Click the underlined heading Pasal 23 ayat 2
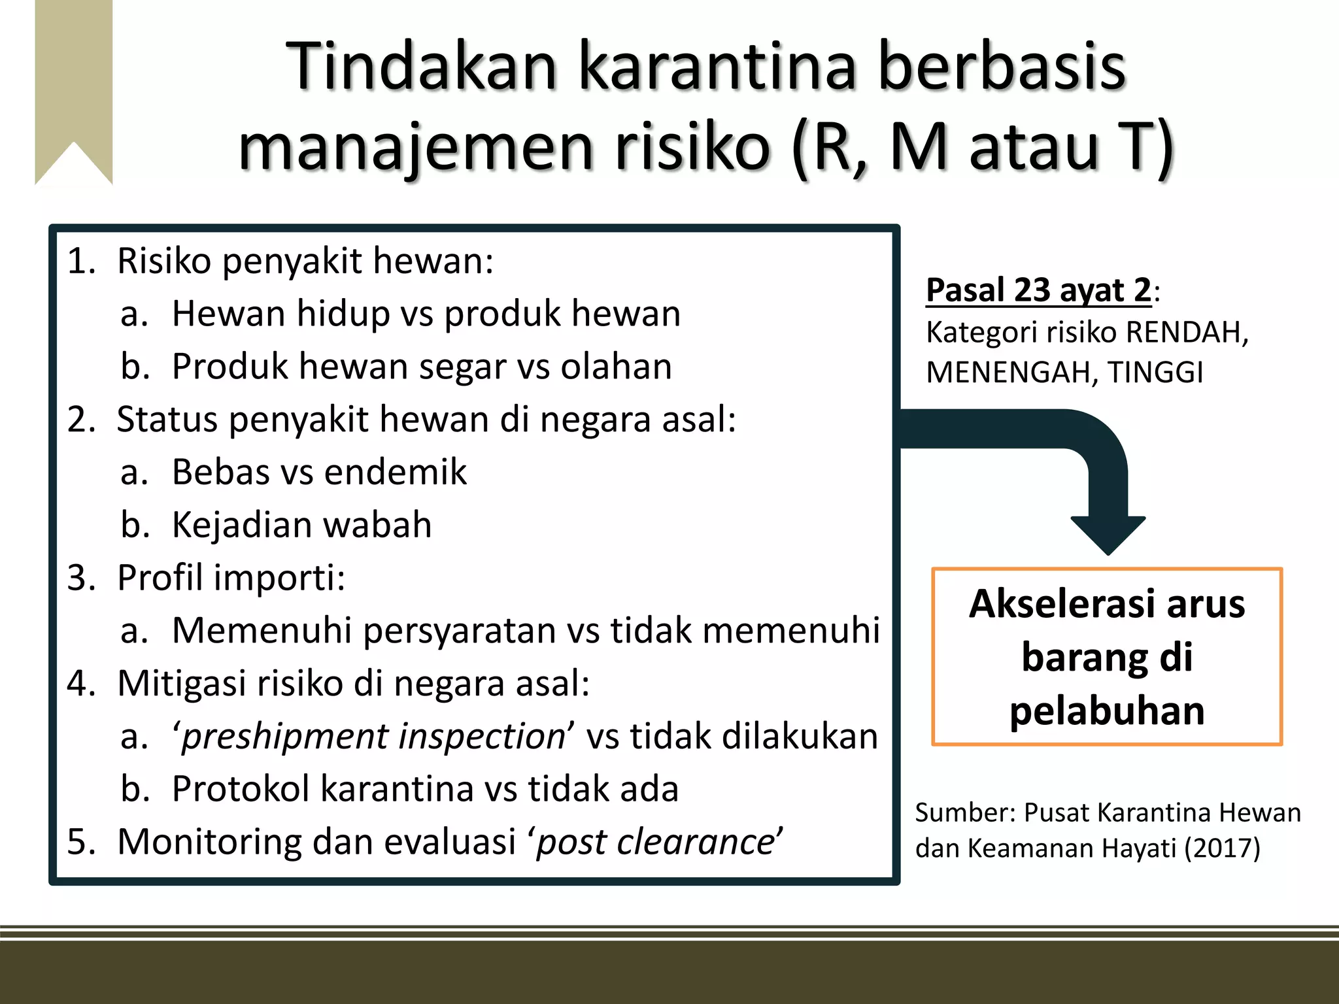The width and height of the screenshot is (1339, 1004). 1038,290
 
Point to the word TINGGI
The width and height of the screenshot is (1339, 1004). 1155,373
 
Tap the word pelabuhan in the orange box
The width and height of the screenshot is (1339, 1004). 1107,711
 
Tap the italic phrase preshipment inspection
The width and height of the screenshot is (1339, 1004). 373,737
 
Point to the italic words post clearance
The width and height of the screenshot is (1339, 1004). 655,842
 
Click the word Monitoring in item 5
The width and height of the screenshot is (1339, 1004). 209,842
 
